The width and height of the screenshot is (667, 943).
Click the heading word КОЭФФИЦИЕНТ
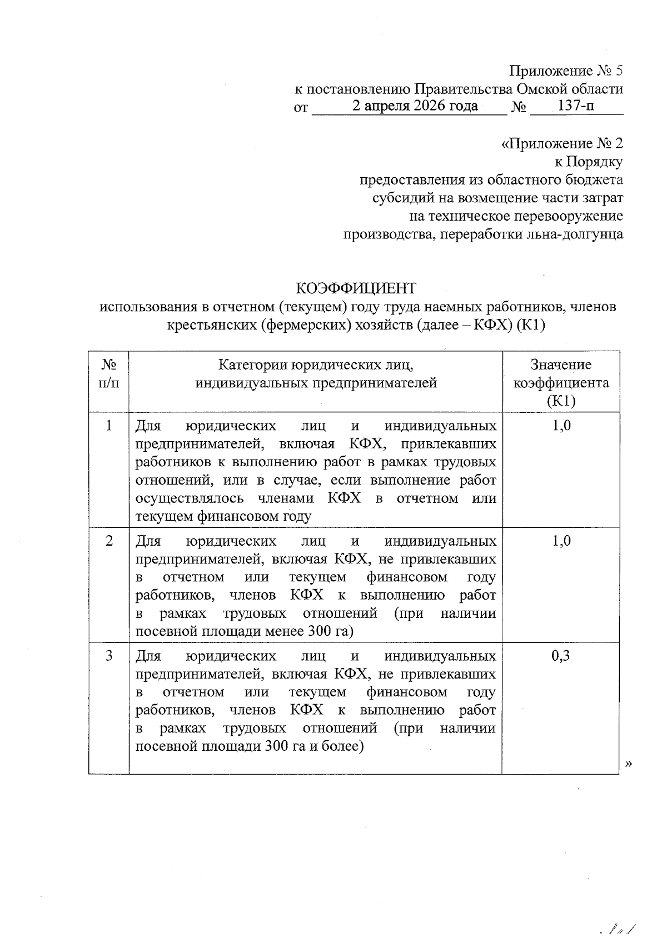coord(356,288)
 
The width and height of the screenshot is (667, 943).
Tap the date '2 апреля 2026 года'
coord(415,106)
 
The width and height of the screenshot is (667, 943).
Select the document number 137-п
coord(576,106)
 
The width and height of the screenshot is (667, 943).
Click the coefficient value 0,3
coord(560,656)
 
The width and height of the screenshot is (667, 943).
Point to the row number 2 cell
coord(109,541)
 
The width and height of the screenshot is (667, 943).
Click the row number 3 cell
coord(109,656)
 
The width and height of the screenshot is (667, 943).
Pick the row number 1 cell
coord(109,426)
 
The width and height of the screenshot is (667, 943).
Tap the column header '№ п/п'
coord(109,373)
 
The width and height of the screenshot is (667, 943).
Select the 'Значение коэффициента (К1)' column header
coord(561,383)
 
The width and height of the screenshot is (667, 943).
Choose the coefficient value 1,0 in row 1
coord(561,426)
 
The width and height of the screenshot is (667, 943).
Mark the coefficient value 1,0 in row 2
coord(561,541)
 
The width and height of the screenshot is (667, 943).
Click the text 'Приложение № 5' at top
coord(566,71)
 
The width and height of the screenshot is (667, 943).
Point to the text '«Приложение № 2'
coord(562,144)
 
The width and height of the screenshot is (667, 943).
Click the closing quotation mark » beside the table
coord(629,764)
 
